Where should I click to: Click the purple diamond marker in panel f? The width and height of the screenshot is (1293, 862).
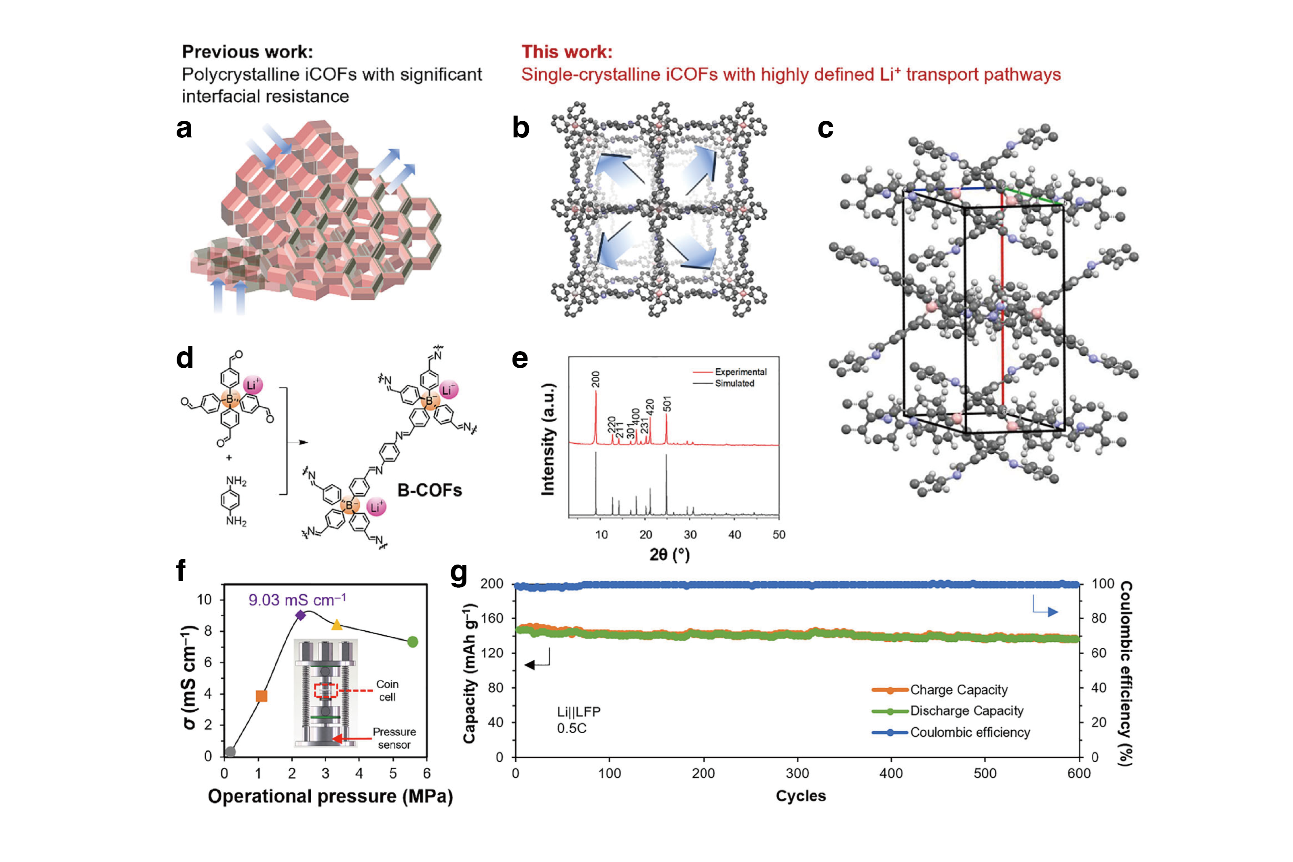coord(300,615)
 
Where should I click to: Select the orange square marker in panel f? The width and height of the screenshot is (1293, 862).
coord(262,696)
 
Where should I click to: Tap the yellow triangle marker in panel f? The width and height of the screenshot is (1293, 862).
coord(336,624)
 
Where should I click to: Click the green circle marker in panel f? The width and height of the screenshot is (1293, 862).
coord(413,642)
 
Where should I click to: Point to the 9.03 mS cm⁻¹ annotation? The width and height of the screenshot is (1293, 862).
coord(297,600)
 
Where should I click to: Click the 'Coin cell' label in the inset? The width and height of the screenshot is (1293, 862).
coord(387,691)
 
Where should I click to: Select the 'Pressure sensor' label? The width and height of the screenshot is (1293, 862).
coord(394,738)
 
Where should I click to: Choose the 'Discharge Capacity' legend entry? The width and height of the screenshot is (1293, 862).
coord(966,711)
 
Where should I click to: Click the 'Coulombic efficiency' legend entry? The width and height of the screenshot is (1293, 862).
coord(970,732)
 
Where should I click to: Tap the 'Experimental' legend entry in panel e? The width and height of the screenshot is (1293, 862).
coord(740,372)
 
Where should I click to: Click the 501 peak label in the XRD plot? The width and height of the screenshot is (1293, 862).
coord(667,404)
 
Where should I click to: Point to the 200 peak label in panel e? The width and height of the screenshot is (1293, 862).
coord(596,379)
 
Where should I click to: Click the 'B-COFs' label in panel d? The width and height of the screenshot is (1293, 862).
coord(429,490)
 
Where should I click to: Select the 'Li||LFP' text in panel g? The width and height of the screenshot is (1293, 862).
coord(579,712)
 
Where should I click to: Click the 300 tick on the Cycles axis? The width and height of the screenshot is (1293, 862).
coord(797,773)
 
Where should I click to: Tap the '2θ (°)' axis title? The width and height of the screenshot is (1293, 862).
coord(669,554)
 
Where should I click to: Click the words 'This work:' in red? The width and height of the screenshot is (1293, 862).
coord(567,52)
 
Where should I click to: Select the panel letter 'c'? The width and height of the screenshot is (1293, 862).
coord(825,128)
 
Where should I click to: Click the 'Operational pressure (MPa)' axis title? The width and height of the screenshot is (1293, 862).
coord(330,796)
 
